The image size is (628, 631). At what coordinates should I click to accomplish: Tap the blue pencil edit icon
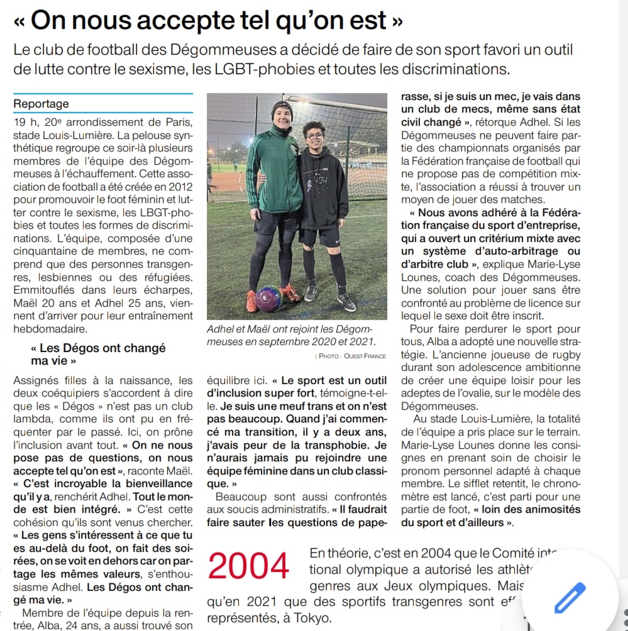pyautogui.click(x=570, y=598)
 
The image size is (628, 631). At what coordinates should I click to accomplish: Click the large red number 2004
pyautogui.click(x=249, y=567)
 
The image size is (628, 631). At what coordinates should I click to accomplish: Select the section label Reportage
pyautogui.click(x=41, y=104)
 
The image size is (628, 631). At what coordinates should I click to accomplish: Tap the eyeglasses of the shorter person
pyautogui.click(x=314, y=136)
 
